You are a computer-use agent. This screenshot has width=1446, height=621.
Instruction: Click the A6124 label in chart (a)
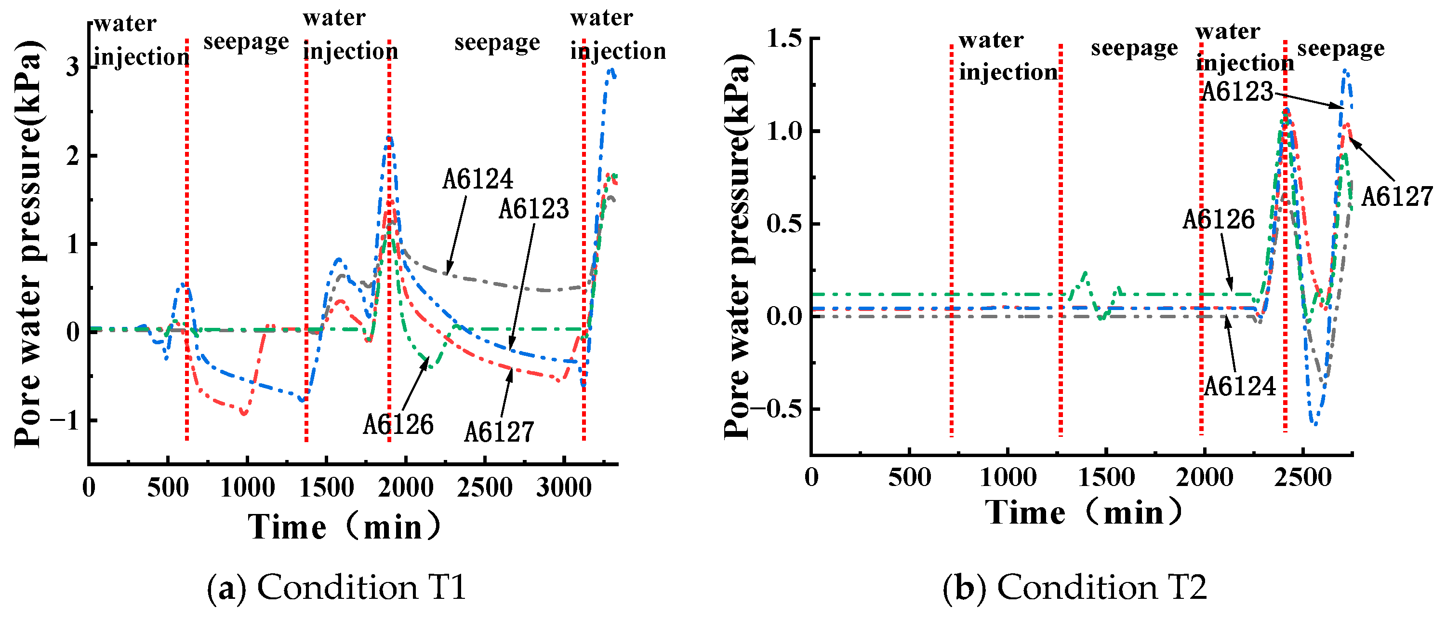pyautogui.click(x=477, y=180)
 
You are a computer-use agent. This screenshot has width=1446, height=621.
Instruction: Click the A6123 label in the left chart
pyautogui.click(x=534, y=209)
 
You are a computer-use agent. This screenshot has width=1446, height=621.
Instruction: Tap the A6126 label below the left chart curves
pyautogui.click(x=398, y=425)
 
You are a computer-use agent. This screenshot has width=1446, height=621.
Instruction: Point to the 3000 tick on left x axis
pyautogui.click(x=564, y=487)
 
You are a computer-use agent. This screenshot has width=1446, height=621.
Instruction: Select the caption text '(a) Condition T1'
pyautogui.click(x=337, y=588)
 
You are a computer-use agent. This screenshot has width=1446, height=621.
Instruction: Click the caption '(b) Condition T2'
pyautogui.click(x=1075, y=588)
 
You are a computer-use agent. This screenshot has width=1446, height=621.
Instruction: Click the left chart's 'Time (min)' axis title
pyautogui.click(x=344, y=526)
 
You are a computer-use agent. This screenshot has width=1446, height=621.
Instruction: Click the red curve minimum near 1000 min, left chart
pyautogui.click(x=244, y=414)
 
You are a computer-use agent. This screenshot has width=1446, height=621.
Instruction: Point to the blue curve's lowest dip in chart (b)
pyautogui.click(x=1314, y=424)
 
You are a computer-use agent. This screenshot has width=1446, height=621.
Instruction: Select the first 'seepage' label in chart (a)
pyautogui.click(x=246, y=41)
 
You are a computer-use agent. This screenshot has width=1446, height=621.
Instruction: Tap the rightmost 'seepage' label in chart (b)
pyautogui.click(x=1340, y=48)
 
